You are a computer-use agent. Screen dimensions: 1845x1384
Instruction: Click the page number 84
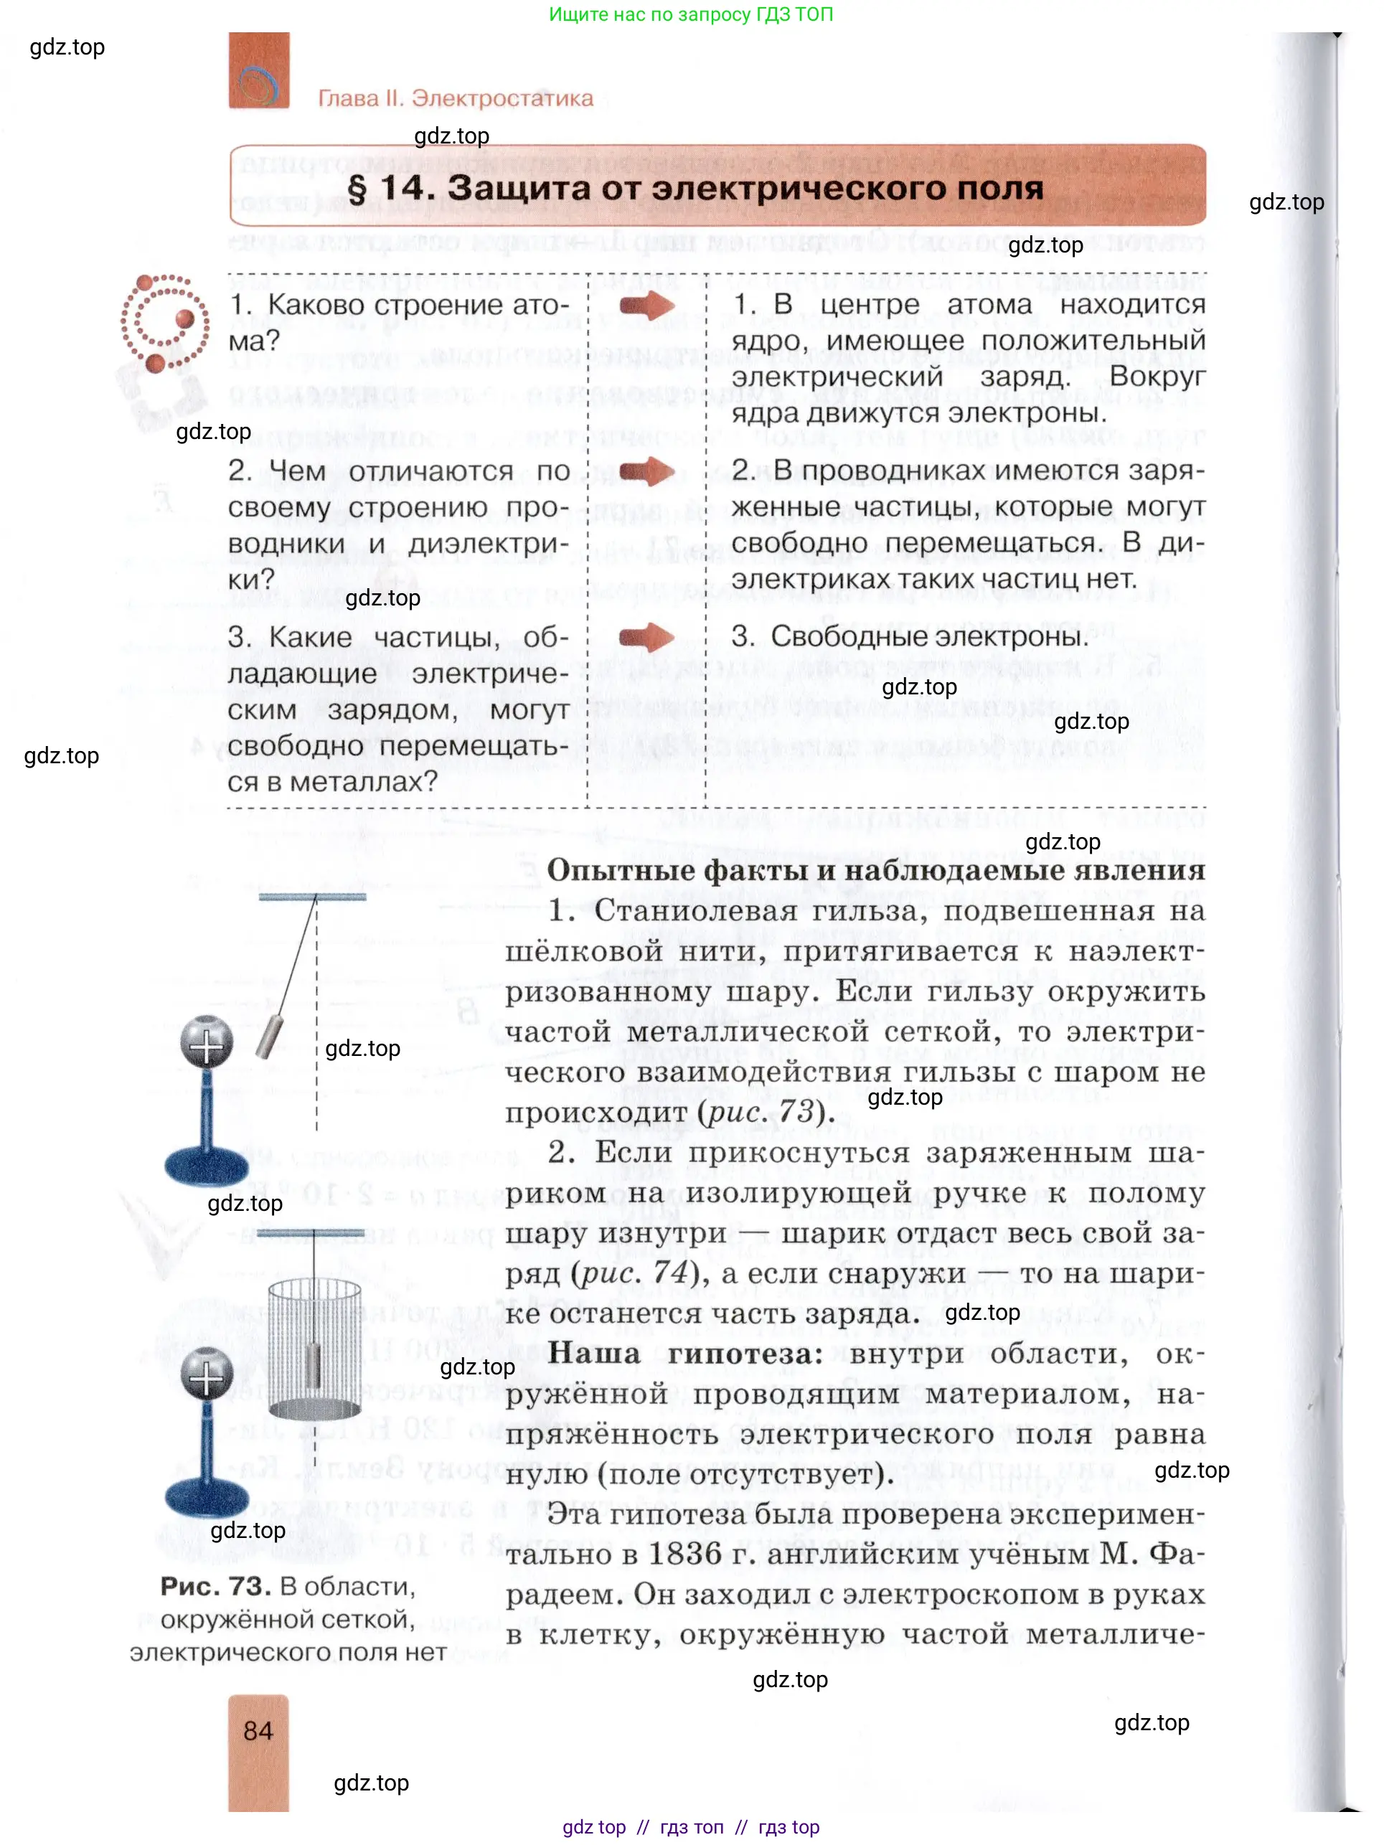click(258, 1731)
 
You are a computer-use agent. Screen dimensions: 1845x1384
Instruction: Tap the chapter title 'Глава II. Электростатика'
click(456, 98)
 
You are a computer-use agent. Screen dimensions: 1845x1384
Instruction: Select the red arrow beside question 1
click(646, 306)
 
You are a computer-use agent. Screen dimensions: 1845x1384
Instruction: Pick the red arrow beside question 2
click(646, 472)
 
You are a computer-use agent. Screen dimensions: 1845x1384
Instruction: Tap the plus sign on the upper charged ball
click(206, 1042)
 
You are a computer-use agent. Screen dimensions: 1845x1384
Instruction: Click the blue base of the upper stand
click(205, 1164)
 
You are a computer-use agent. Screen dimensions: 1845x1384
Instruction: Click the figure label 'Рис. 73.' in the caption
click(215, 1587)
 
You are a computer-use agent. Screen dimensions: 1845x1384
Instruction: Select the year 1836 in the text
click(685, 1554)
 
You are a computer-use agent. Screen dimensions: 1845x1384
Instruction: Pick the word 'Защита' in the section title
click(517, 189)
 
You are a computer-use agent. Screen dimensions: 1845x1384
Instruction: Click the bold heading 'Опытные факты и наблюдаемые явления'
click(876, 870)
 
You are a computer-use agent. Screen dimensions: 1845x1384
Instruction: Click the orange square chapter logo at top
click(258, 71)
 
